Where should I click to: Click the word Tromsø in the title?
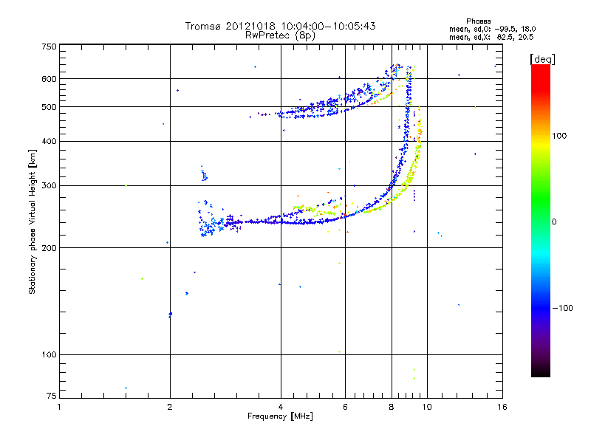click(x=202, y=26)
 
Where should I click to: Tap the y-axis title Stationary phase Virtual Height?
click(x=33, y=221)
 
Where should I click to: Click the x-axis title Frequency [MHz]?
click(x=280, y=416)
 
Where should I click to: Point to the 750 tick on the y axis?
click(x=49, y=46)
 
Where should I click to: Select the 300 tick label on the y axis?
click(x=49, y=185)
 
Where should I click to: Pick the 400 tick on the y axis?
click(x=49, y=141)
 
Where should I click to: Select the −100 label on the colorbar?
click(x=564, y=308)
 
